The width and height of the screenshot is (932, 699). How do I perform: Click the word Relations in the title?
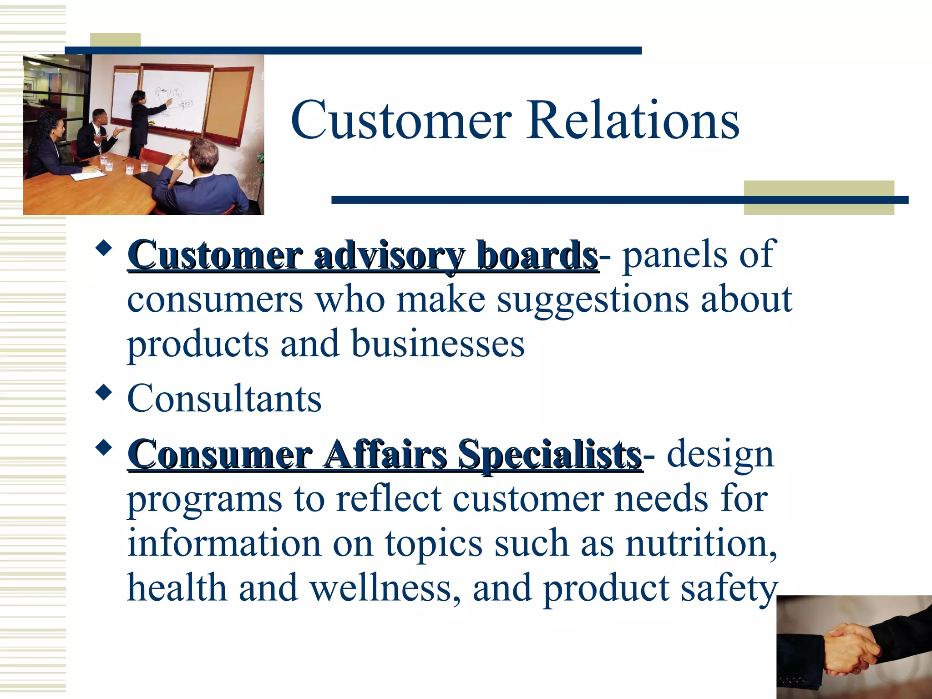pos(633,121)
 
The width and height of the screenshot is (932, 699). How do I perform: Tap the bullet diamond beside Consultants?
pos(104,392)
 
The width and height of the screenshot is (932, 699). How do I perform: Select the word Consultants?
pos(224,399)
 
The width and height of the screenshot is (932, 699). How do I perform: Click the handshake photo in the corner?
pos(854,647)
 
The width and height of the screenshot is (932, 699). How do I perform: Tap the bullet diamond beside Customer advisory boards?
pos(104,249)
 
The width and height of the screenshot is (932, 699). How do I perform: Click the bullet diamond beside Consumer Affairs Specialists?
pos(104,448)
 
